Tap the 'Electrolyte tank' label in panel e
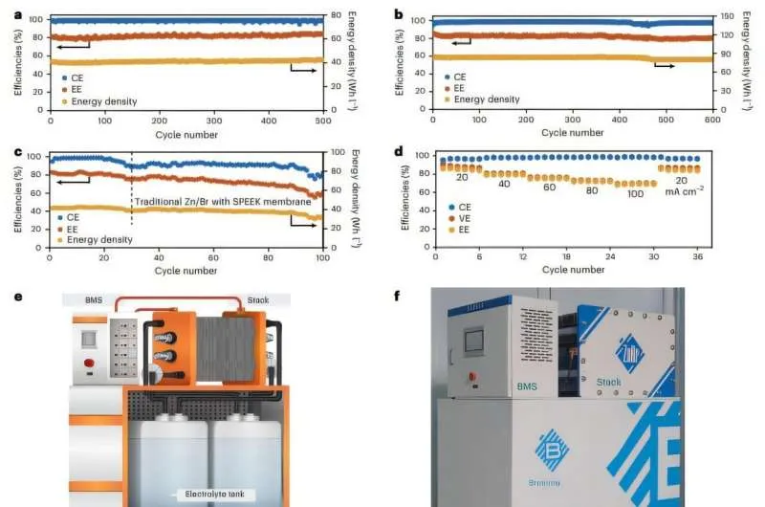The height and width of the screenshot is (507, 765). tap(215, 495)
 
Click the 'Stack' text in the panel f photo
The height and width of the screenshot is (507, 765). tap(608, 382)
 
